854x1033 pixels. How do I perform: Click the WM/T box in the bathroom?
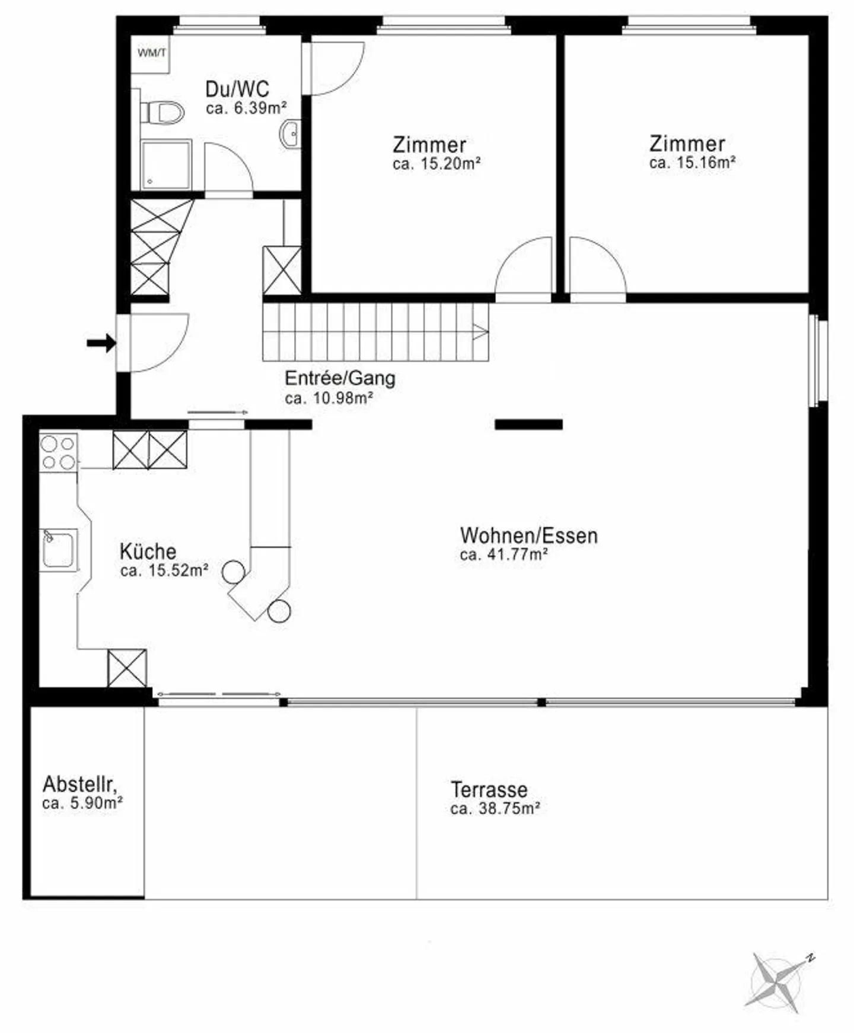click(151, 53)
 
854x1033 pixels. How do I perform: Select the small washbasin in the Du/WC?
click(291, 134)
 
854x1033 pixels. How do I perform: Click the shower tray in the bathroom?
click(166, 164)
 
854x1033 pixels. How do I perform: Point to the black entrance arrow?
click(101, 343)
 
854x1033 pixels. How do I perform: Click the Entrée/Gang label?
click(340, 378)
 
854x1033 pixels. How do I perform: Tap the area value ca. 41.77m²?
click(504, 554)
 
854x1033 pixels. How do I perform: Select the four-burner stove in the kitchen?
click(58, 453)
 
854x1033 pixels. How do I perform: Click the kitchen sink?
click(59, 549)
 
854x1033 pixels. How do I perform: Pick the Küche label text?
click(148, 552)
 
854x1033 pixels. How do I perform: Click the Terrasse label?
click(489, 790)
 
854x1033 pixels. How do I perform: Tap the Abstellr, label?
click(79, 784)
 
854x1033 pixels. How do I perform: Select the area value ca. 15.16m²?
click(692, 163)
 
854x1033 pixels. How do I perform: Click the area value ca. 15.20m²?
click(436, 164)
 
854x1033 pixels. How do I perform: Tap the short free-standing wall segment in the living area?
click(528, 424)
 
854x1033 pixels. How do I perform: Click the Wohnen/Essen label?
click(528, 535)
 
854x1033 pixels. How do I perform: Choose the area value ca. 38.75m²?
click(495, 809)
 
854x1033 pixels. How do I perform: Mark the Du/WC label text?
click(237, 89)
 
